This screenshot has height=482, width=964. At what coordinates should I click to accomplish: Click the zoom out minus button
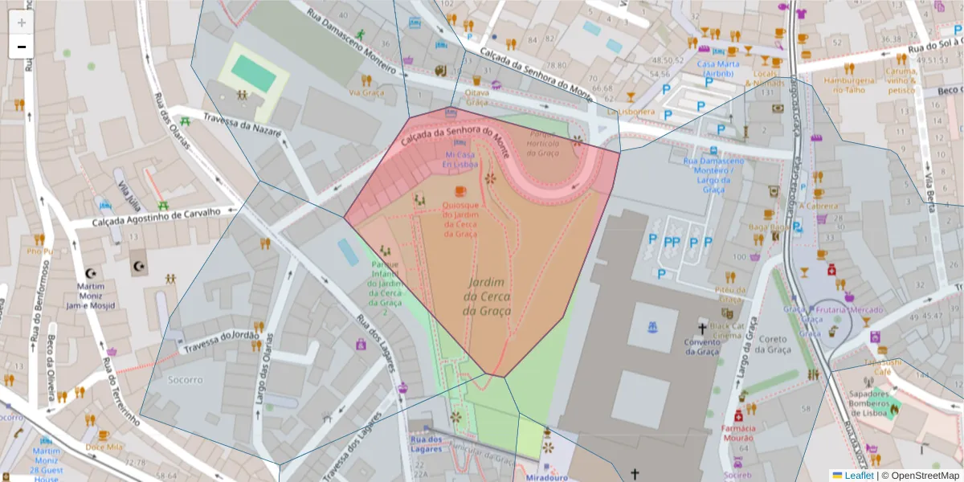[x=22, y=47]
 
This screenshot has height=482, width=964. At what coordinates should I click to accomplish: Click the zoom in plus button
[x=22, y=22]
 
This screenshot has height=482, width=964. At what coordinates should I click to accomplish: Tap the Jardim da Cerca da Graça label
[x=487, y=297]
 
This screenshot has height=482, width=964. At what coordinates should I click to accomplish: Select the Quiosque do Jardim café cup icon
[x=460, y=190]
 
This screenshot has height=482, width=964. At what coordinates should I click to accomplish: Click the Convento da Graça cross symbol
[x=702, y=328]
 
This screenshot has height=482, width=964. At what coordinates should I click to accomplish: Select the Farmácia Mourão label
[x=737, y=433]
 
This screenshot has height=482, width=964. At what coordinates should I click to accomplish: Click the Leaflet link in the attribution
[x=858, y=476]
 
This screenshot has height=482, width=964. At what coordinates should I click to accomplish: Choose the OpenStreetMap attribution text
[x=920, y=476]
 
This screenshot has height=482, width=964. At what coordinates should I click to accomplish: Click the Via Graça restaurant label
[x=366, y=92]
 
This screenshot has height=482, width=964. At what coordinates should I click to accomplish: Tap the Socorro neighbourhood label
[x=186, y=379]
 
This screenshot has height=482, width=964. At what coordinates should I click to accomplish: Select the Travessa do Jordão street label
[x=221, y=341]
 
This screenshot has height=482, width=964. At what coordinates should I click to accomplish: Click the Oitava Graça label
[x=477, y=97]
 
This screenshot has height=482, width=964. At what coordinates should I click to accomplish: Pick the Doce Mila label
[x=104, y=447]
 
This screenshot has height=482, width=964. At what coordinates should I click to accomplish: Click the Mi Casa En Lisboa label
[x=460, y=158]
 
